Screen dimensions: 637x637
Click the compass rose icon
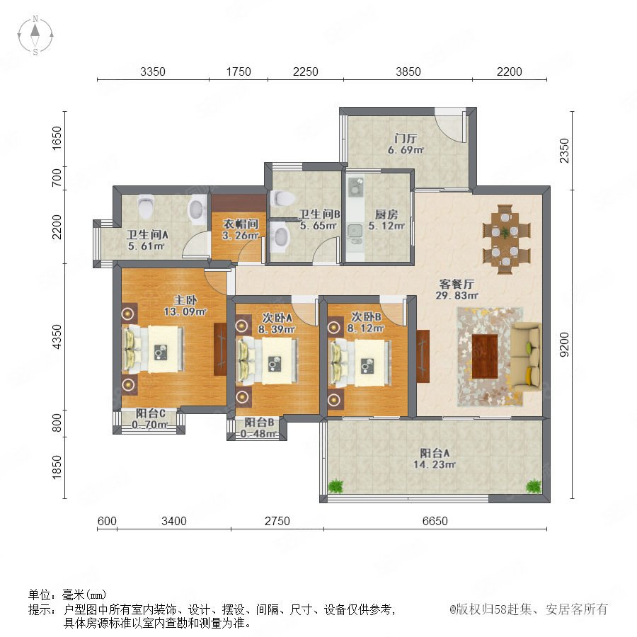click(35, 35)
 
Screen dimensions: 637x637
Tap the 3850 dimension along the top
click(408, 71)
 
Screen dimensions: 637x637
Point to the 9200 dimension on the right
click(564, 345)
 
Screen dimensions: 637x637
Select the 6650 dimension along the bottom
click(435, 521)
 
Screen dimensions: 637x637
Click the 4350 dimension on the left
click(57, 336)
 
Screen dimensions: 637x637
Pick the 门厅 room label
click(406, 138)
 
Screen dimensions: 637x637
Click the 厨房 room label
click(386, 214)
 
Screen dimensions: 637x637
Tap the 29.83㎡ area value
click(457, 295)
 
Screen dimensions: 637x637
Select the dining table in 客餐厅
click(506, 240)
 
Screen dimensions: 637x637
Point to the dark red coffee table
click(485, 356)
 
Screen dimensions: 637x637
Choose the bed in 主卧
click(154, 349)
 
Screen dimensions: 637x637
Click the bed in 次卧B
click(360, 363)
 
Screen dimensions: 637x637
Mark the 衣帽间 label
click(241, 224)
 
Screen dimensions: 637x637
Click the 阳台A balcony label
click(435, 452)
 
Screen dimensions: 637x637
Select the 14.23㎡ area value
click(435, 464)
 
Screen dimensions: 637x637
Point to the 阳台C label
click(150, 413)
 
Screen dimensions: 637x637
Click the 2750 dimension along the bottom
click(277, 521)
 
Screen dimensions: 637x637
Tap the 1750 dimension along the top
click(239, 71)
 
